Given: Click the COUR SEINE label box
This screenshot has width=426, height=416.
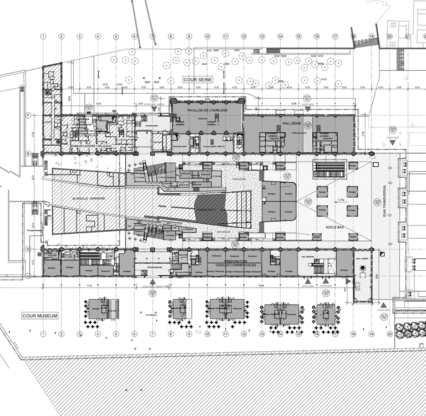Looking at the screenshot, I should click(x=197, y=80).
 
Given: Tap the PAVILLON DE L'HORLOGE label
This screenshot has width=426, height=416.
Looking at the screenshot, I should click(x=207, y=110).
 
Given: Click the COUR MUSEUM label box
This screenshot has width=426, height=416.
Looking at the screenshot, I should click(x=40, y=316).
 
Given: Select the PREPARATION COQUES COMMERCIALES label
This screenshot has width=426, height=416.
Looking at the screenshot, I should click(x=236, y=263).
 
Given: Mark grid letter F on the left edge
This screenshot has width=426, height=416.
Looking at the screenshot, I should click(x=27, y=115).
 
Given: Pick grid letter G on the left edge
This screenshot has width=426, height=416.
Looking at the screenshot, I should click(x=27, y=153).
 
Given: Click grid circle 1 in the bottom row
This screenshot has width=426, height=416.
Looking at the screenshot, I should click(x=43, y=333).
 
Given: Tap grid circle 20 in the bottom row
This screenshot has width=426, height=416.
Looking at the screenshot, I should click(x=389, y=333).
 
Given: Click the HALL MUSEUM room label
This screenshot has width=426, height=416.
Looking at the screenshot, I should click(x=315, y=256).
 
